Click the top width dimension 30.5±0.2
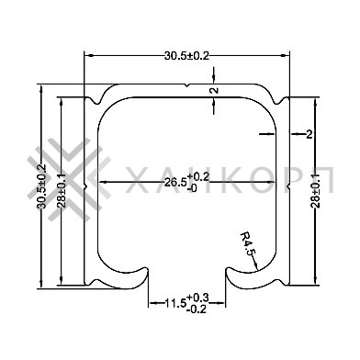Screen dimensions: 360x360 pos(186,56)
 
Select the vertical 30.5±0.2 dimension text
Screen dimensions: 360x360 pos(41,186)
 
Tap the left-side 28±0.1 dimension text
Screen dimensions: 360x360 pos(61,190)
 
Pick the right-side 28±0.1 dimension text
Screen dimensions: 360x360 pos(316,190)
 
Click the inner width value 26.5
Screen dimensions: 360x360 pos(175,183)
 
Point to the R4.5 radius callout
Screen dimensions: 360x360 pos(247,243)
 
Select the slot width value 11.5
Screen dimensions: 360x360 pos(175,303)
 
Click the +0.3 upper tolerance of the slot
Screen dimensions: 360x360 pos(197,298)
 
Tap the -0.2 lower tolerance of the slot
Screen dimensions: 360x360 pos(196,309)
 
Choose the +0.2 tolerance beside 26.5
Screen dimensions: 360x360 pos(198,176)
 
